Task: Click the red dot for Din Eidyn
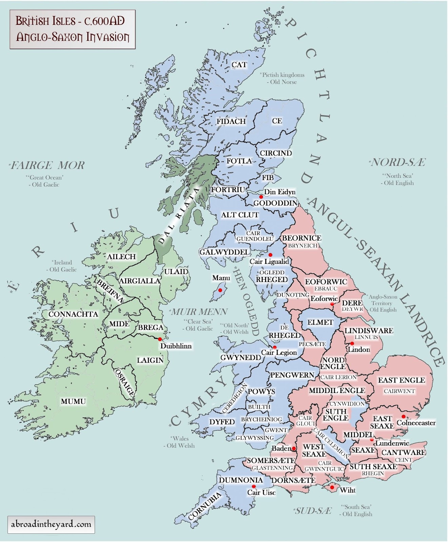pos(261,197)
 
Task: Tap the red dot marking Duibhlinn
pos(160,339)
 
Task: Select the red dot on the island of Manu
pos(220,290)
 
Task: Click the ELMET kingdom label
pos(320,322)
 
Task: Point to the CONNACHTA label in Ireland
pos(73,314)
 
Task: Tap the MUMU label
pos(73,401)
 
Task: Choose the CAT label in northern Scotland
pos(239,65)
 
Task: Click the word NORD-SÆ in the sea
pos(399,163)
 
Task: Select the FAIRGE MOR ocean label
pos(47,165)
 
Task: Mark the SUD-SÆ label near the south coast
pos(312,511)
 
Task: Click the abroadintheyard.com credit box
pos(51,524)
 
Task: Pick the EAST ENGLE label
pos(401,380)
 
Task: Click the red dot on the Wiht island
pos(332,487)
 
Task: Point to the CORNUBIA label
pos(205,506)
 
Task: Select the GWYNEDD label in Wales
pos(241,357)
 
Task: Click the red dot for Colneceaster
pos(403,417)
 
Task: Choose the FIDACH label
pos(231,121)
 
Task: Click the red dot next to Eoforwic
pos(332,304)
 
